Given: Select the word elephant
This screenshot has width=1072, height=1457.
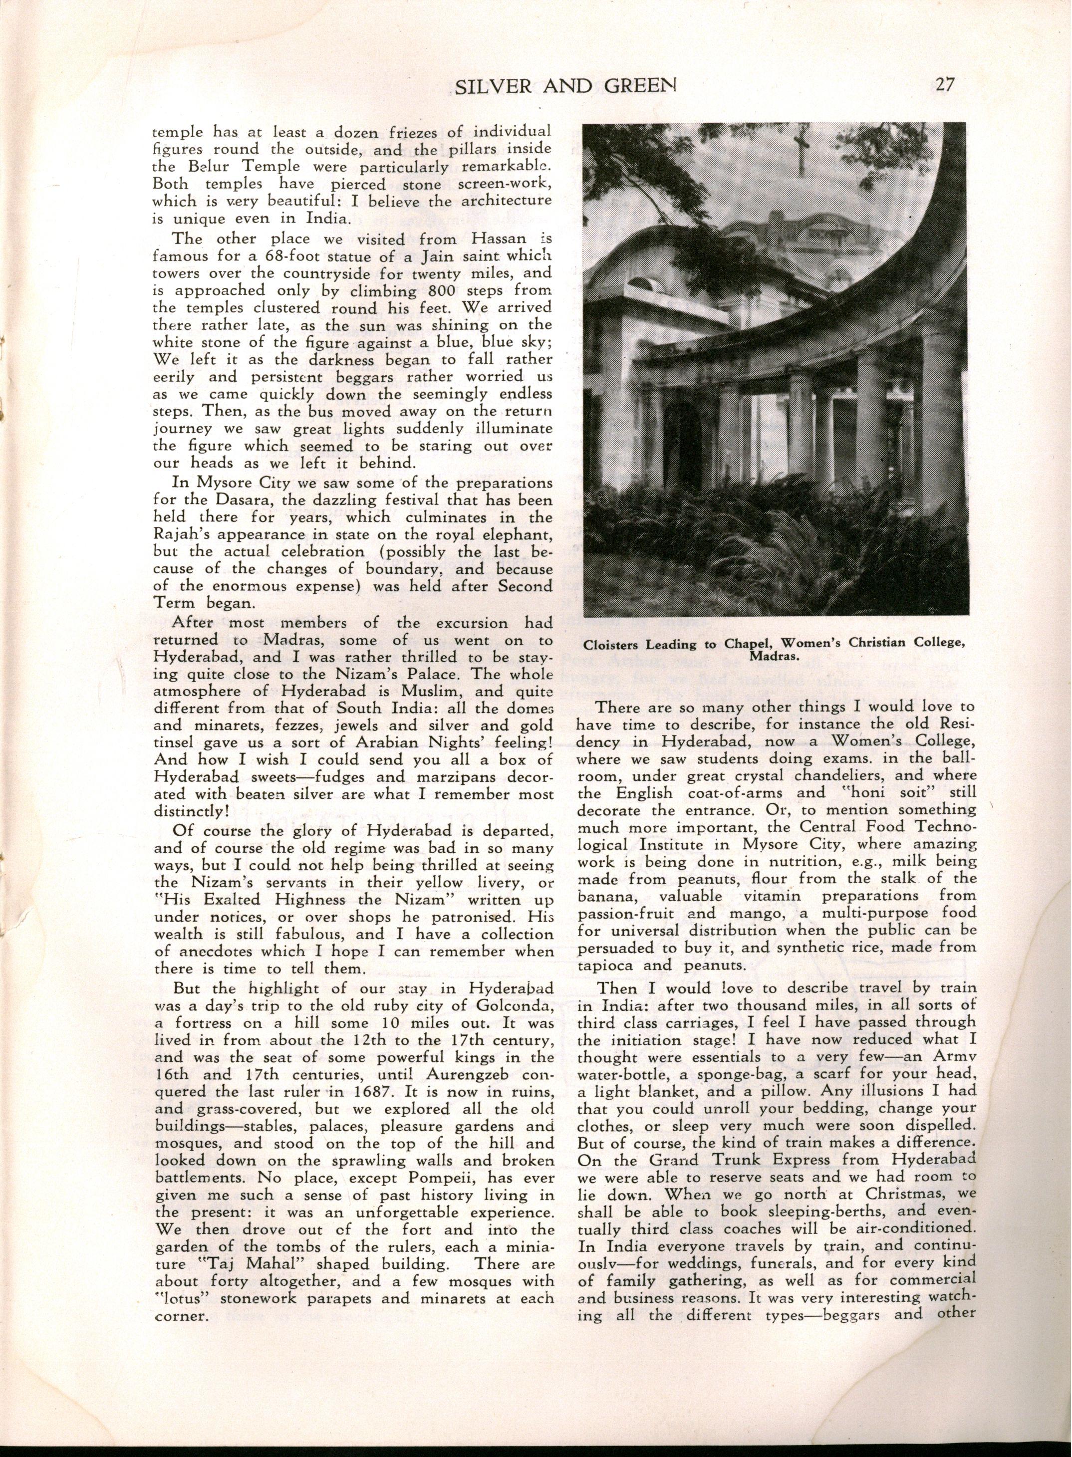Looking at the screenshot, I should (x=523, y=536).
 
